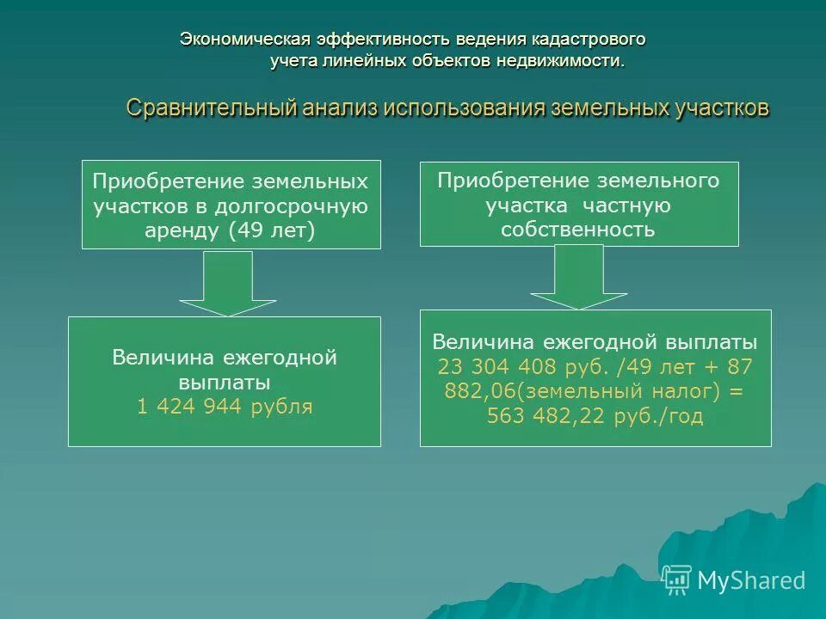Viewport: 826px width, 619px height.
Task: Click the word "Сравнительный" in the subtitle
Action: click(x=212, y=109)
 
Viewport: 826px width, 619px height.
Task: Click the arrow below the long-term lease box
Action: click(x=227, y=284)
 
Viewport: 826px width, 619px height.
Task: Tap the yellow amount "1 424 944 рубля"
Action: click(x=225, y=407)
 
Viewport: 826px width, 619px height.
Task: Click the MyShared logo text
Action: click(x=750, y=580)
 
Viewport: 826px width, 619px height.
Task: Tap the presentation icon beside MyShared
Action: click(x=677, y=579)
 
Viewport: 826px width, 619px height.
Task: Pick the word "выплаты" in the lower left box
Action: click(x=225, y=382)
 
